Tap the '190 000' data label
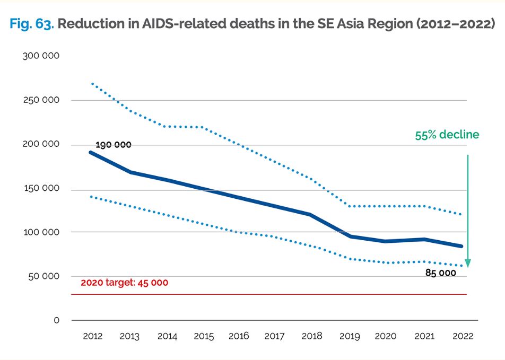tap(113, 145)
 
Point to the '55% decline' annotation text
tap(447, 135)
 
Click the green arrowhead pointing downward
tap(468, 263)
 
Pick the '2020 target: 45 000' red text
tap(124, 283)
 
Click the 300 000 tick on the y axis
tap(41, 56)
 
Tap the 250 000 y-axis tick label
tap(41, 100)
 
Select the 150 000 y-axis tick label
tap(41, 189)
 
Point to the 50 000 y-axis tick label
tap(43, 277)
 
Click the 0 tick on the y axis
tap(56, 320)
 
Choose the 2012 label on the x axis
tap(93, 336)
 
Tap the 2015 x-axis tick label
tap(204, 336)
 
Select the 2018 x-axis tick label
tap(311, 336)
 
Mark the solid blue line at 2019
tap(350, 236)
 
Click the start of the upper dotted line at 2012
tap(92, 83)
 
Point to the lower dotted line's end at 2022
tap(462, 266)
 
